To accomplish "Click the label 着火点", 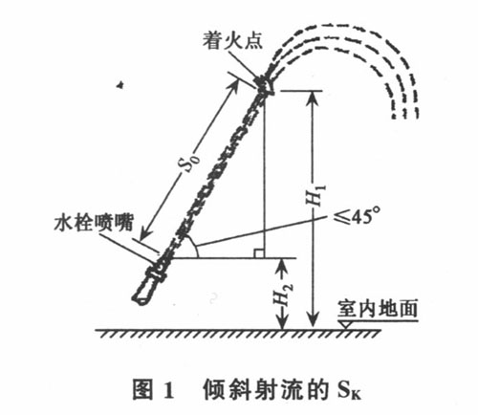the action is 232,41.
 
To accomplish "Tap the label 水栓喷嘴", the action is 94,222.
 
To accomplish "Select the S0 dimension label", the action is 192,162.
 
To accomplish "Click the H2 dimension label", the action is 283,295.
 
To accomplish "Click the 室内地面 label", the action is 378,308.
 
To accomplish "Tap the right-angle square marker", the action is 259,253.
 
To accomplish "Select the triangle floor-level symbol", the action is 345,325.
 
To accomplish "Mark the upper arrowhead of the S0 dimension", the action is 233,85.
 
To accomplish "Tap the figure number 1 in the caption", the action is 169,389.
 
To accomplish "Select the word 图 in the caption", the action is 142,389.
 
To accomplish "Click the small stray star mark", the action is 120,85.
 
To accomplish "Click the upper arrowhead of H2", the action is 283,265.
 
